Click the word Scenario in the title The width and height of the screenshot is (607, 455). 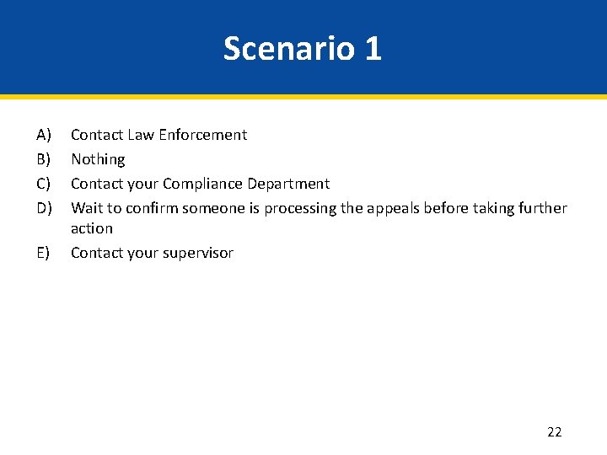(x=289, y=49)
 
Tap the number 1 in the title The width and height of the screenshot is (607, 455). (x=373, y=49)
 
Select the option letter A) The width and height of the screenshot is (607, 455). (x=44, y=135)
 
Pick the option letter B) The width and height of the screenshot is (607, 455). (x=44, y=159)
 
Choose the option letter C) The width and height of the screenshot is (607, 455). (x=44, y=184)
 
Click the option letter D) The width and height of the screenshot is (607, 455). (x=44, y=208)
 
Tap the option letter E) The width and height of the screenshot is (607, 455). (x=44, y=253)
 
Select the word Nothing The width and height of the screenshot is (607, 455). (x=98, y=159)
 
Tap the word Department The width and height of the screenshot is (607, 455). (x=292, y=184)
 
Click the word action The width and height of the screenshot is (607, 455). (x=92, y=228)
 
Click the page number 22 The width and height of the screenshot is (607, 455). (x=554, y=432)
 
